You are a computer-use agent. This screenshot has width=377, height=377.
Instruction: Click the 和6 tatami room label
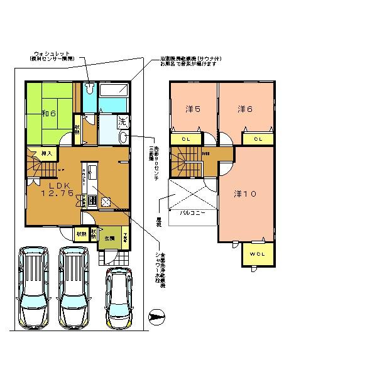(x=49, y=114)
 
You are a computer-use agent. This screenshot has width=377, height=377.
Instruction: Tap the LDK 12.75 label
(x=58, y=190)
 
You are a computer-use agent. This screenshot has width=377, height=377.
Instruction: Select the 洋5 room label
(x=193, y=109)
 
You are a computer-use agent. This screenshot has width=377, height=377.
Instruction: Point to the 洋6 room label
(x=245, y=109)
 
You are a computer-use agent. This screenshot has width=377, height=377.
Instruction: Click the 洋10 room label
(x=245, y=194)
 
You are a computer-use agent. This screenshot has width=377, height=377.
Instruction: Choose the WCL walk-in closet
(x=258, y=254)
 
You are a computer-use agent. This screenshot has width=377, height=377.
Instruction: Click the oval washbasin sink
(x=124, y=136)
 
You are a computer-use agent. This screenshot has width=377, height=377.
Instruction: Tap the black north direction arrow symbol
(x=157, y=316)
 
